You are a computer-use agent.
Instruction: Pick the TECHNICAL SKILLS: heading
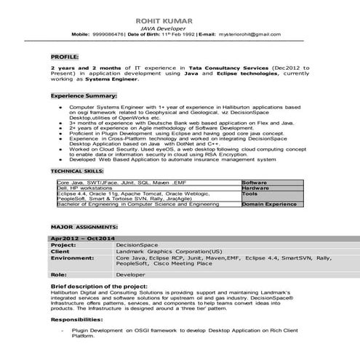76,170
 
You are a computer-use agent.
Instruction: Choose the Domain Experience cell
269,205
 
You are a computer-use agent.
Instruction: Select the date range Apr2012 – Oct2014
84,239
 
